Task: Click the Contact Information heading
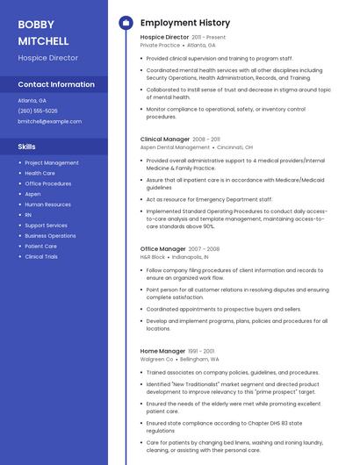click(x=56, y=85)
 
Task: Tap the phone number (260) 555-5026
click(x=38, y=111)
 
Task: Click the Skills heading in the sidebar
click(x=26, y=147)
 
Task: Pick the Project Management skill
click(x=52, y=163)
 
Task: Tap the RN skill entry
click(x=28, y=215)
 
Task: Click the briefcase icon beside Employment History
click(x=126, y=23)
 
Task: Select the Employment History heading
click(x=185, y=23)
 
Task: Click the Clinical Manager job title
click(x=164, y=139)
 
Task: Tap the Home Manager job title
click(x=162, y=351)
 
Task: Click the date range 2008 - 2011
click(x=206, y=139)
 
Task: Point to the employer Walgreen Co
click(x=156, y=359)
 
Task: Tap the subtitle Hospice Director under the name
click(x=48, y=58)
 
